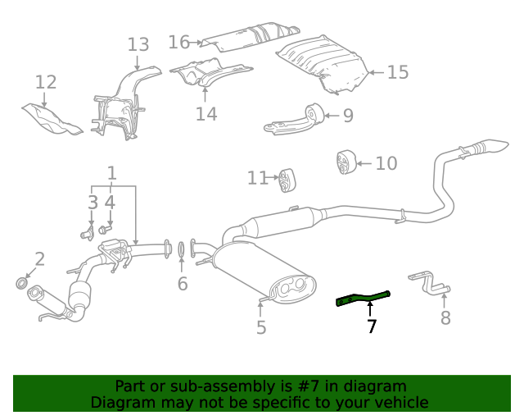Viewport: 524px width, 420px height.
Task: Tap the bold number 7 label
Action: point(372,326)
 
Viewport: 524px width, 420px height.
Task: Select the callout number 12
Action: point(46,82)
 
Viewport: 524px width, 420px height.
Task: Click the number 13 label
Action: point(138,44)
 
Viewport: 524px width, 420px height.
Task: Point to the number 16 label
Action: point(179,41)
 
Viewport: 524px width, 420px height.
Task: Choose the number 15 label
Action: point(397,73)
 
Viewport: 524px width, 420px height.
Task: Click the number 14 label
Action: point(206,114)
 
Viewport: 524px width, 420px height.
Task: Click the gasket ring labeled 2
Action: point(22,284)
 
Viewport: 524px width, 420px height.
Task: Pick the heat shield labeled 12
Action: point(51,118)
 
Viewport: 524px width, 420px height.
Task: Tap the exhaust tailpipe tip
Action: point(496,147)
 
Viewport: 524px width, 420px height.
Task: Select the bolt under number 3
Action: point(87,235)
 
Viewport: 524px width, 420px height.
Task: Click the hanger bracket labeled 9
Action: point(295,120)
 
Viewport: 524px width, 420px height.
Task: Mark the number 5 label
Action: point(261,328)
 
